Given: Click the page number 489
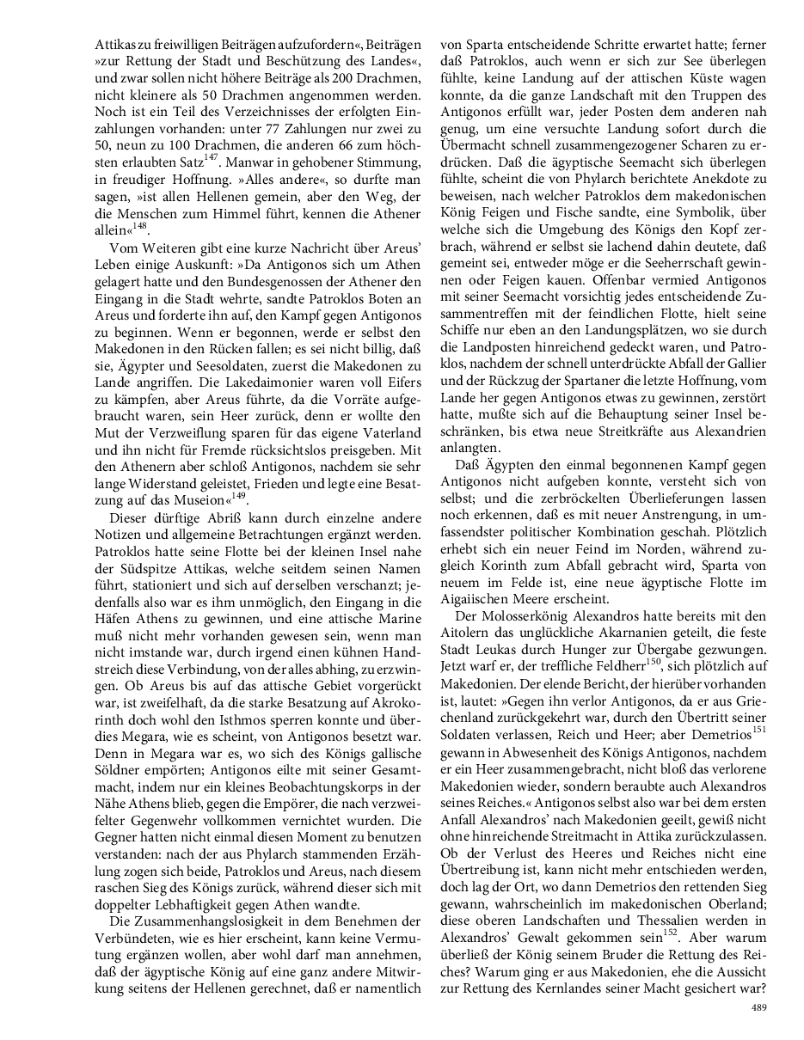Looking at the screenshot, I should click(x=758, y=1006).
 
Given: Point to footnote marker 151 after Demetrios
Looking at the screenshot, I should click(x=758, y=730).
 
